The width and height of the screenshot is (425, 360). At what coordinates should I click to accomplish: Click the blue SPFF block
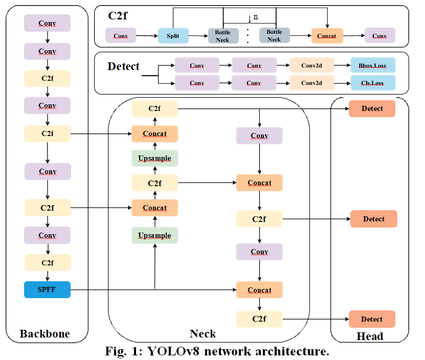(x=47, y=289)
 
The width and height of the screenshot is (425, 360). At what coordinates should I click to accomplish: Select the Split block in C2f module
(x=173, y=36)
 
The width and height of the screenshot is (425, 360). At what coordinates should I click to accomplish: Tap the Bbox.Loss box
(x=373, y=66)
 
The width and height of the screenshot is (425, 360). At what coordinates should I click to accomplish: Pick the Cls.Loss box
(x=373, y=83)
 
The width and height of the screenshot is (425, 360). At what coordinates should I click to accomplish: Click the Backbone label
(x=44, y=334)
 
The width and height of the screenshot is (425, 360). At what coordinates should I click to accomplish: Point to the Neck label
(x=203, y=334)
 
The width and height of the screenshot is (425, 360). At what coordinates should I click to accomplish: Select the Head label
(x=369, y=336)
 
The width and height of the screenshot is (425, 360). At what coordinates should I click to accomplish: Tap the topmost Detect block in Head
(x=372, y=108)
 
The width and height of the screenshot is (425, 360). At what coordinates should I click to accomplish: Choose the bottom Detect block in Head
(x=372, y=319)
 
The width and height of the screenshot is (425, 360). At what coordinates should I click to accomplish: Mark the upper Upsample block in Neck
(x=154, y=159)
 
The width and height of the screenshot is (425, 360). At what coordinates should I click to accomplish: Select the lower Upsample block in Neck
(x=154, y=235)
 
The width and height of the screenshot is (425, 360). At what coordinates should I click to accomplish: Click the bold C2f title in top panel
(x=118, y=16)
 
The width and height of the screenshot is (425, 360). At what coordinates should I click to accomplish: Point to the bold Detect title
(x=123, y=66)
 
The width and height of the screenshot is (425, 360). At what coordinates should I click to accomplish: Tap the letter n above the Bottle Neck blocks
(x=256, y=16)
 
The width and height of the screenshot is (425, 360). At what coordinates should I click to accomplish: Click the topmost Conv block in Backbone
(x=47, y=23)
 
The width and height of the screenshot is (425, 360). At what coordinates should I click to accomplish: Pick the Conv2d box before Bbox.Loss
(x=311, y=66)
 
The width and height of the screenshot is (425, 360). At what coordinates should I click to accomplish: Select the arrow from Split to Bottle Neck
(x=198, y=36)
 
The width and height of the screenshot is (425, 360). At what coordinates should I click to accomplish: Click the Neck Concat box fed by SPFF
(x=259, y=290)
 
